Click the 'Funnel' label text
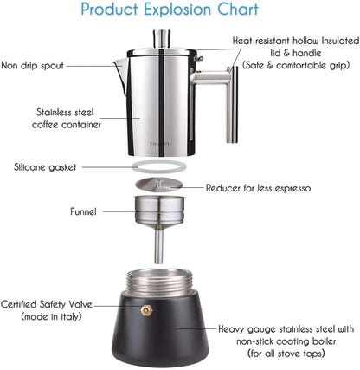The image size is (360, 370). tap(83, 211)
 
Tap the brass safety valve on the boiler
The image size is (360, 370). tap(146, 308)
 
